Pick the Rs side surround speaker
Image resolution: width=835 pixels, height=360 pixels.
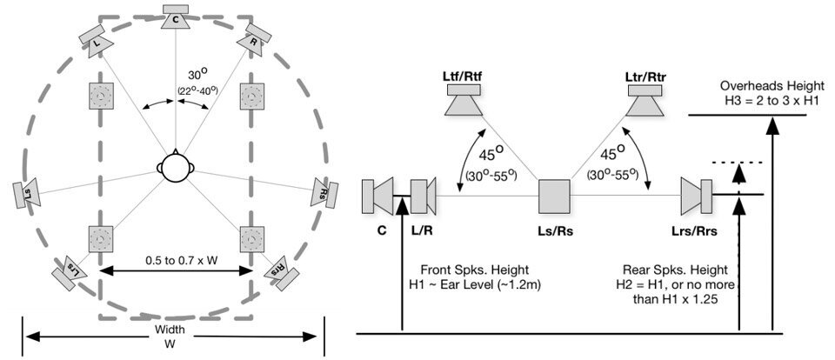tap(321, 192)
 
